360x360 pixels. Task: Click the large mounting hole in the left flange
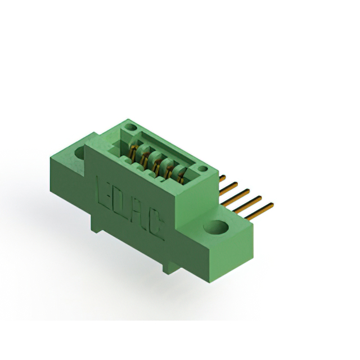click(x=80, y=152)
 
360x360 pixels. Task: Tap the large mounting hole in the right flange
click(x=216, y=227)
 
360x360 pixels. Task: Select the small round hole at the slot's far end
click(x=130, y=127)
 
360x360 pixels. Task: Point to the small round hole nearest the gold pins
click(x=202, y=169)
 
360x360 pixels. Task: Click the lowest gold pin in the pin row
click(x=259, y=211)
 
